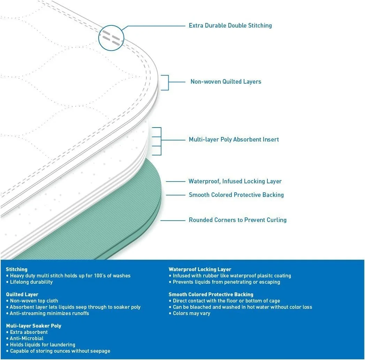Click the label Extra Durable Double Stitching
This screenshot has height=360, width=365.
[230, 25]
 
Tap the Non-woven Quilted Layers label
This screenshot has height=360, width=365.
[226, 82]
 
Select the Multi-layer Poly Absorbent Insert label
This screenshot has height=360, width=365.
[234, 139]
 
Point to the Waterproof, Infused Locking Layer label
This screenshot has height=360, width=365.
[235, 181]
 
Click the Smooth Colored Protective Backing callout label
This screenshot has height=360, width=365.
[236, 195]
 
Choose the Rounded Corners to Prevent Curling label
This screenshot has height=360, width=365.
[237, 220]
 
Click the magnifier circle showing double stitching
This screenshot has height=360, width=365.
[111, 38]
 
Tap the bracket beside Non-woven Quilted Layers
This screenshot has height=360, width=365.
[166, 83]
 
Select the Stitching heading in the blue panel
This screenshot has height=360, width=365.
[16, 269]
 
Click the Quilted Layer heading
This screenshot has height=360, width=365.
[22, 294]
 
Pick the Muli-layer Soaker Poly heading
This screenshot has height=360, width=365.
[33, 326]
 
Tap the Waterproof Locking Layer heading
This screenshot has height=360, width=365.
[200, 269]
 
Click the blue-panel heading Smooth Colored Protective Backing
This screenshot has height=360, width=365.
[211, 294]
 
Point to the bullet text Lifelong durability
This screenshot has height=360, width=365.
[31, 282]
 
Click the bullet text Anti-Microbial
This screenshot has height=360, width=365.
[26, 338]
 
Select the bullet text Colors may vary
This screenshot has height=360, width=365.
[191, 313]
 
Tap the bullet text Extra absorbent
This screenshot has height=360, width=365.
[29, 332]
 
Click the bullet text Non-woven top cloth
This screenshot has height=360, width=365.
[34, 301]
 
